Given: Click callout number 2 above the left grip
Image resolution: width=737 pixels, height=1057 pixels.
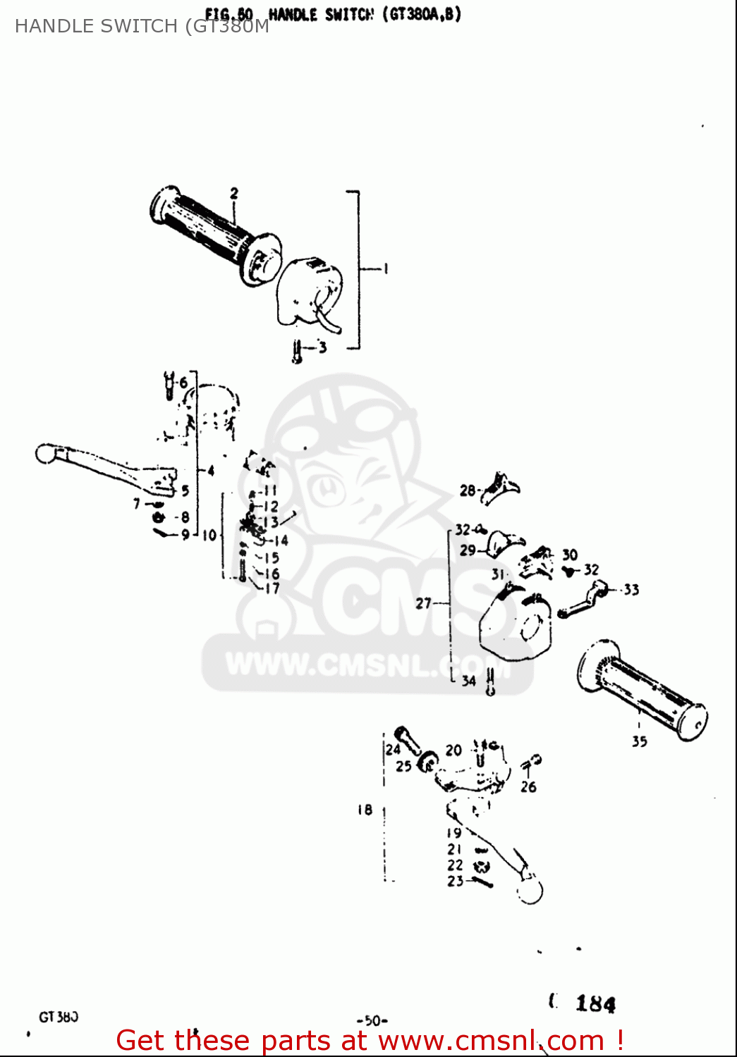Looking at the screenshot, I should [234, 192].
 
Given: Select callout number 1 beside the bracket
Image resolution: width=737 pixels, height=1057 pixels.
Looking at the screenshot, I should [385, 268].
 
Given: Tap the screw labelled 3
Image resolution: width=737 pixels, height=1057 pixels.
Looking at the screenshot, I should [298, 351].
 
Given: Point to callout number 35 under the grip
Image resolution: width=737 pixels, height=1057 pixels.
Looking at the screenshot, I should [639, 741].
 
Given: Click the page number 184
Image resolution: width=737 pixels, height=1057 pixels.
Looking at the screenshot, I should [595, 1003].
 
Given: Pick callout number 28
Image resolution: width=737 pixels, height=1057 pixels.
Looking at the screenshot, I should [468, 490].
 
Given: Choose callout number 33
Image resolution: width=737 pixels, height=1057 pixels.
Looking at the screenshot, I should [631, 589].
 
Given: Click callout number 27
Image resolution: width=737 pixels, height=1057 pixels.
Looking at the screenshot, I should [423, 603].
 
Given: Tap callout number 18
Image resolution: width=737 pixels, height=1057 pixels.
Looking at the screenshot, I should [365, 810].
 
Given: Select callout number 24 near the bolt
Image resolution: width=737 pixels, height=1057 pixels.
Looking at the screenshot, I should [393, 749].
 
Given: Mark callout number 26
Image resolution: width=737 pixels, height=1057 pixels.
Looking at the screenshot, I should [528, 786].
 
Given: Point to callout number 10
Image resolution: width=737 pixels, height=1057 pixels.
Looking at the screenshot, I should [209, 535].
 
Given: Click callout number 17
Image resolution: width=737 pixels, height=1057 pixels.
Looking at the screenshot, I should [272, 588].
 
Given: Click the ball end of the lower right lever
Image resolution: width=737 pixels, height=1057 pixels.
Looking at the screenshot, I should [530, 891].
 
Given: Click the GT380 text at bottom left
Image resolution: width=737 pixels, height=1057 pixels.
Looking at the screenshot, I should [59, 1017].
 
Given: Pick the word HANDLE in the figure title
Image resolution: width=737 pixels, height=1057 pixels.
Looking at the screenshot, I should [293, 14].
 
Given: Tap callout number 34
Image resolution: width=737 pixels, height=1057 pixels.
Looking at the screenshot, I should [469, 681].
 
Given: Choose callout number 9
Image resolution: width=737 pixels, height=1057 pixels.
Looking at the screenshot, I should [185, 534].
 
